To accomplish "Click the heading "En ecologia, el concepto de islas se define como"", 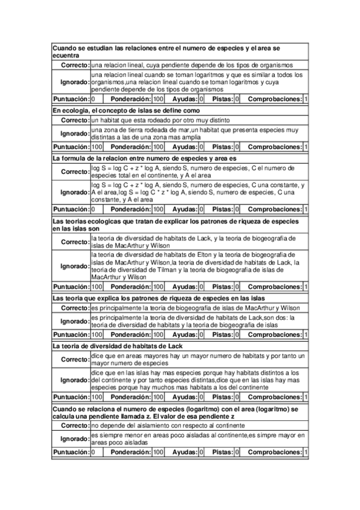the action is click(x=125, y=111).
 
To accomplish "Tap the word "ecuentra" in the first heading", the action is click(x=66, y=55).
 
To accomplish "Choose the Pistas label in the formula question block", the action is click(x=222, y=209).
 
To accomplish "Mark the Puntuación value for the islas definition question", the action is click(x=97, y=147).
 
